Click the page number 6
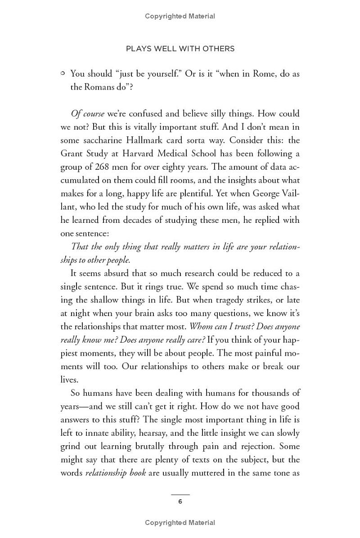180,502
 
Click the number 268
104,167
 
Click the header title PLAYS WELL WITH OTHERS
180,49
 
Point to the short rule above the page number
180,494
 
